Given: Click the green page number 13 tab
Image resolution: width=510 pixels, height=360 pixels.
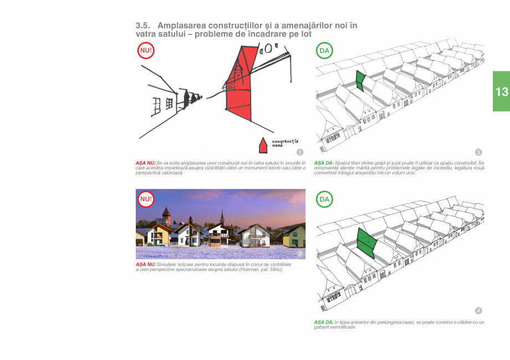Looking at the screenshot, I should tap(501, 91).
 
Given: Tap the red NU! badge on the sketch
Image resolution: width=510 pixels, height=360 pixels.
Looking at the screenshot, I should tap(146, 51).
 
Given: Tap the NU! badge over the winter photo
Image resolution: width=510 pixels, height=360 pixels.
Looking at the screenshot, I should tap(146, 199).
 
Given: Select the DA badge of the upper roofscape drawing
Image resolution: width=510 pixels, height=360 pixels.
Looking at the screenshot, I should tap(324, 51).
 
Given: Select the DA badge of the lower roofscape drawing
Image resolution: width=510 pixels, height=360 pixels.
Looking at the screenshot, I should tap(324, 199).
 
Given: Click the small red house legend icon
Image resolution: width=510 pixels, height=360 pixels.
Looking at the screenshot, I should tap(264, 146).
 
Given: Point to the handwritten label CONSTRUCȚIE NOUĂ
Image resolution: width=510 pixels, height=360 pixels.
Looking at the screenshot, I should tap(285, 143).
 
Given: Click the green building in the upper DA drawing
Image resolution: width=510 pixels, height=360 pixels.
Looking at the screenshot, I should tap(359, 81).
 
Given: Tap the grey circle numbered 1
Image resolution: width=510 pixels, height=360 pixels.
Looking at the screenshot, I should tap(300, 152).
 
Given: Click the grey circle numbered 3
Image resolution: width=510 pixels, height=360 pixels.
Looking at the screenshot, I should tap(478, 152).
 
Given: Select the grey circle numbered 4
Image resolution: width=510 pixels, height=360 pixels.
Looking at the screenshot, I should tap(478, 310).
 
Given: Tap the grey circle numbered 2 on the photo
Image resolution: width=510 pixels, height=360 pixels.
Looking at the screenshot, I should tap(300, 254).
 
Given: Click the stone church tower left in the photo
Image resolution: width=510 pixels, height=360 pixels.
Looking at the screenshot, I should tap(166, 217).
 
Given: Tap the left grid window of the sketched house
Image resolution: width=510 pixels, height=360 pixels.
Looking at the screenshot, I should tap(157, 105).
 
